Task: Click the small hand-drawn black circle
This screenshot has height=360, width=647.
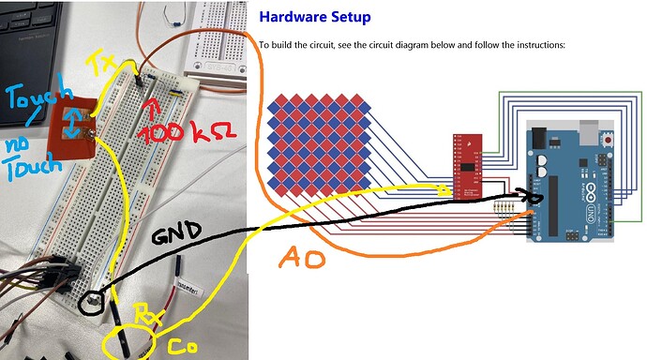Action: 92,303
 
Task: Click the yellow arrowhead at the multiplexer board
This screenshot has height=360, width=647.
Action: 444,191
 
